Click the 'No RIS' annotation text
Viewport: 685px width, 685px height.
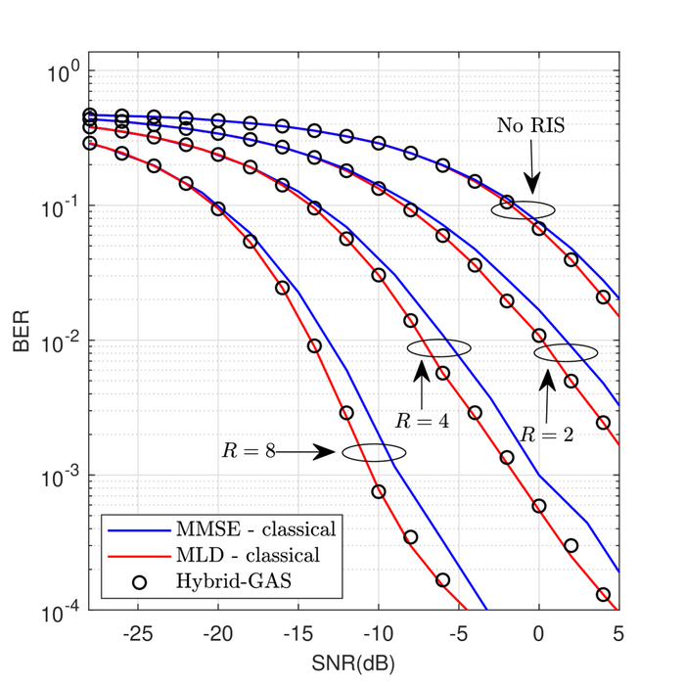(x=530, y=125)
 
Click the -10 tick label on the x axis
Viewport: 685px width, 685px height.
(x=377, y=633)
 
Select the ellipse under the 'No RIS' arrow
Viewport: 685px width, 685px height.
(x=523, y=209)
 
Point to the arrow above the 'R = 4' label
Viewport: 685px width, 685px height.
(x=420, y=384)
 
